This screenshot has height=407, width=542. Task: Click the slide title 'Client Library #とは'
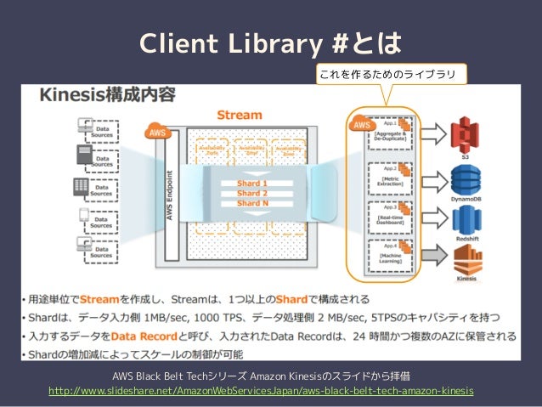coord(271,43)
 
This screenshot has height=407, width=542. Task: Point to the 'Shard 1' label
coord(252,183)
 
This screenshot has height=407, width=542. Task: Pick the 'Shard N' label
coord(252,203)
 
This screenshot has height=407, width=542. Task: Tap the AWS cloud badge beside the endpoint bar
coord(157,133)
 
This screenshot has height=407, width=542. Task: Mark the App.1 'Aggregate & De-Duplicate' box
coord(388,135)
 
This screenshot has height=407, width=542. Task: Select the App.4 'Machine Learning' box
coord(388,257)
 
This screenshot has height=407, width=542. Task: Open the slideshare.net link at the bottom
coord(262,390)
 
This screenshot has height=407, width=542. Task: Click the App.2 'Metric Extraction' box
coord(388,176)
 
